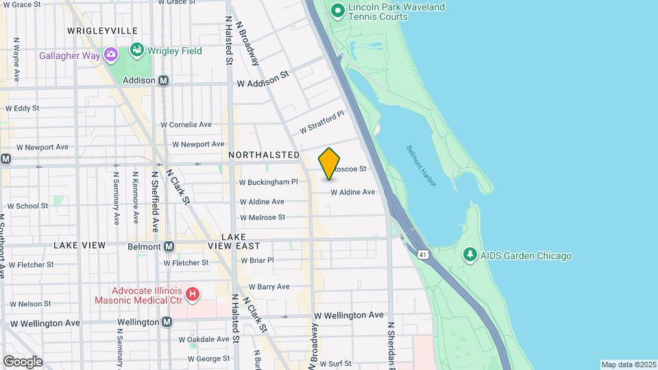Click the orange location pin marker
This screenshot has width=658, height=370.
(x=330, y=163)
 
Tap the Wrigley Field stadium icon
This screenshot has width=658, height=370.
(x=136, y=51)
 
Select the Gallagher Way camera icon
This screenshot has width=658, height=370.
(x=110, y=54)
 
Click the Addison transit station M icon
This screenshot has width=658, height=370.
(x=164, y=80)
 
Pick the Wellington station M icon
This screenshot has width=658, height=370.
(x=167, y=322)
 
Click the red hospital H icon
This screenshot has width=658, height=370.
(x=193, y=295)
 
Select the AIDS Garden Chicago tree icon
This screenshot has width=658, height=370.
(x=470, y=256)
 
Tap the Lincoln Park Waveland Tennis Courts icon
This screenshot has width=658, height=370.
(x=337, y=10)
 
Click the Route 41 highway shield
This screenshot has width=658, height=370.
(x=422, y=254)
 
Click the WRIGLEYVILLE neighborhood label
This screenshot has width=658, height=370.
(x=102, y=31)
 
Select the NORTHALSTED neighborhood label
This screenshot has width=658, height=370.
(x=264, y=156)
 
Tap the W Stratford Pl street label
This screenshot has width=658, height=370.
(x=321, y=124)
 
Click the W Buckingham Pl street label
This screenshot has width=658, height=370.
(x=268, y=182)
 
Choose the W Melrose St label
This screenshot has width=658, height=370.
(x=262, y=217)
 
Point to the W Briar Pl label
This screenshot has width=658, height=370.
(x=257, y=260)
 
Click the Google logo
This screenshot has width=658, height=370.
(x=23, y=361)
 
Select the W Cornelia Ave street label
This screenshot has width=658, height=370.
(x=186, y=125)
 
